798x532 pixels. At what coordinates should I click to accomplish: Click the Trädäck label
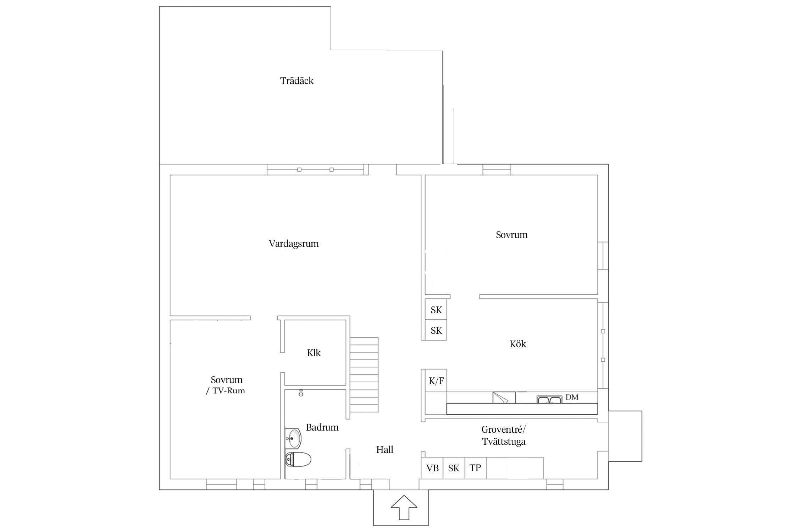(x=297, y=81)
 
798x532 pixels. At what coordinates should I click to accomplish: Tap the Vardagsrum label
(x=294, y=244)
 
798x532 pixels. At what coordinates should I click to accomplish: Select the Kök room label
(x=518, y=344)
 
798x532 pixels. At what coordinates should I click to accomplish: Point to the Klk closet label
(x=314, y=353)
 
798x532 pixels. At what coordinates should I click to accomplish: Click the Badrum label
(x=322, y=427)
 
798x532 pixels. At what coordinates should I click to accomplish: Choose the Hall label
(x=385, y=450)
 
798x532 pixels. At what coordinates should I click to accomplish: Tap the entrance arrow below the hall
(x=404, y=508)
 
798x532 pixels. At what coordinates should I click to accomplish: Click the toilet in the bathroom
(x=298, y=460)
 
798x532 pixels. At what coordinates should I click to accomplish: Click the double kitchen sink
(x=549, y=400)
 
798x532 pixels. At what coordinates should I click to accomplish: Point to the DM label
(x=572, y=397)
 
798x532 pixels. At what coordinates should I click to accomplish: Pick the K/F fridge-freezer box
(x=436, y=381)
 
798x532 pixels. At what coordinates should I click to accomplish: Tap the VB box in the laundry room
(x=432, y=468)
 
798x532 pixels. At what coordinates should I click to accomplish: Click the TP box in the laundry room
(x=475, y=468)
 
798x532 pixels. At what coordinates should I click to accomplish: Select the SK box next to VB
(x=454, y=468)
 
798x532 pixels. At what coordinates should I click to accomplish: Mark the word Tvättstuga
(x=504, y=442)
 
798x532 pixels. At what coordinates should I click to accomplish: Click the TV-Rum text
(x=229, y=391)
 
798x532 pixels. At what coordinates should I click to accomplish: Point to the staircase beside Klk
(x=364, y=375)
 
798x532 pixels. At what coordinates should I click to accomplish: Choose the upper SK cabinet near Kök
(x=436, y=310)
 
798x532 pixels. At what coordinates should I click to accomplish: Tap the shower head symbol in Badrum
(x=301, y=393)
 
